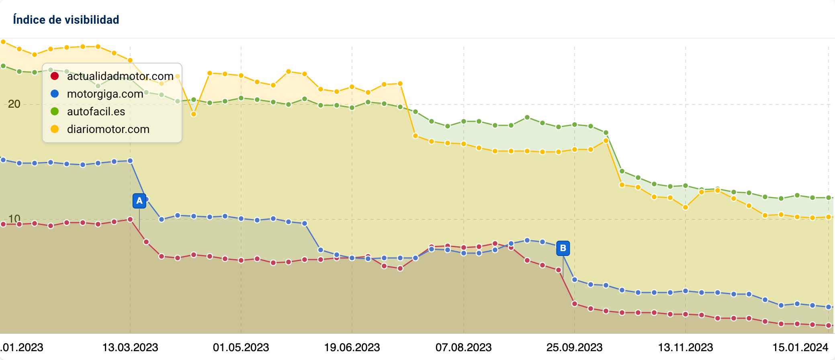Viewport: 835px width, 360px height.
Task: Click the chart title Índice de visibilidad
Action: [x=66, y=20]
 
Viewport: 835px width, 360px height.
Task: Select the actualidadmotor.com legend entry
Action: [x=120, y=76]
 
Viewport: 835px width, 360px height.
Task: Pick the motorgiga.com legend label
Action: [x=105, y=94]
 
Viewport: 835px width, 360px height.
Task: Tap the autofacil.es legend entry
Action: [x=96, y=111]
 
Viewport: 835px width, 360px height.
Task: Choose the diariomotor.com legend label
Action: [x=108, y=129]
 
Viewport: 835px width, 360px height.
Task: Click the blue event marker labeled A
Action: [x=139, y=200]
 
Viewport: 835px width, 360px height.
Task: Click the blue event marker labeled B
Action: [x=563, y=248]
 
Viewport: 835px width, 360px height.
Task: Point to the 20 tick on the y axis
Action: [x=14, y=104]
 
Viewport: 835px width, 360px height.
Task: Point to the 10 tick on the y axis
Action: [x=14, y=219]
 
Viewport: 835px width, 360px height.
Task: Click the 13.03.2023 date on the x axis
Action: [x=130, y=347]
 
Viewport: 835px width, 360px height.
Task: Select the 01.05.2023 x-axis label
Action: [x=241, y=347]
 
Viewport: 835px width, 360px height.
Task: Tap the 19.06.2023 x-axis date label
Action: [x=352, y=347]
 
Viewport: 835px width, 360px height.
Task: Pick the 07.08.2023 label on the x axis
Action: [x=463, y=347]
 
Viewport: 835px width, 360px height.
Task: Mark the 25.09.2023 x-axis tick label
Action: [x=574, y=347]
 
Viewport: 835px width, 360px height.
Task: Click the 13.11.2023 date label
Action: [x=686, y=347]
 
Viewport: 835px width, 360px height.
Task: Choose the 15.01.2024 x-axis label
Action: [x=800, y=347]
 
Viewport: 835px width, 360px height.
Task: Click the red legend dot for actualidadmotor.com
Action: [x=55, y=76]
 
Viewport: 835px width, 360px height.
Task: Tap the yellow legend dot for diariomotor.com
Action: [x=55, y=129]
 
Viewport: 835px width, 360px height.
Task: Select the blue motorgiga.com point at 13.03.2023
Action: [x=130, y=161]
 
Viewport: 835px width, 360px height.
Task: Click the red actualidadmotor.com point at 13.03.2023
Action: [x=130, y=219]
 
